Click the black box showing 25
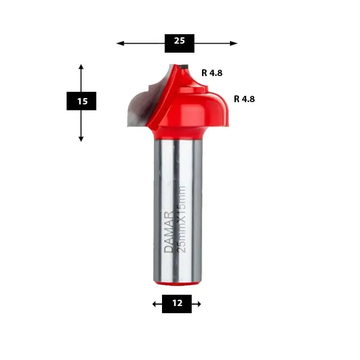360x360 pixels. pyautogui.click(x=179, y=43)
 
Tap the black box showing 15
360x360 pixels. pyautogui.click(x=81, y=101)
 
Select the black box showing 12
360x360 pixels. pyautogui.click(x=177, y=304)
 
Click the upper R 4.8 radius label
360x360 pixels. pyautogui.click(x=212, y=73)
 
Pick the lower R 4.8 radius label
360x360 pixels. pyautogui.click(x=244, y=99)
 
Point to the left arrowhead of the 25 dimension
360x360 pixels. pyautogui.click(x=120, y=43)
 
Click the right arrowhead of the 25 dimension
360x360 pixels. pyautogui.click(x=234, y=43)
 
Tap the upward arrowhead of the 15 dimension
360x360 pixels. pyautogui.click(x=81, y=67)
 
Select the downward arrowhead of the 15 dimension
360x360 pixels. pyautogui.click(x=81, y=139)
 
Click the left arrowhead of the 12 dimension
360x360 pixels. pyautogui.click(x=154, y=304)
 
